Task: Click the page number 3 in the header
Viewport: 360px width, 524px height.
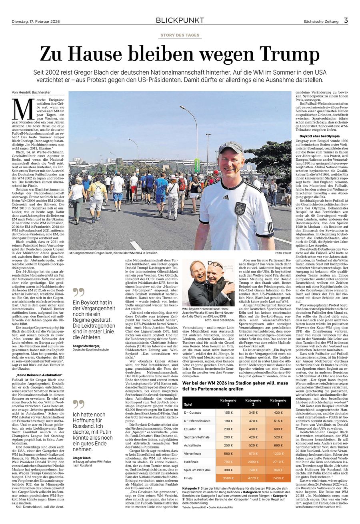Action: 346,20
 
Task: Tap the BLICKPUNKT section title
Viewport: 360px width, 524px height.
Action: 180,20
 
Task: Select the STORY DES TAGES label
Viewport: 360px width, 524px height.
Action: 180,35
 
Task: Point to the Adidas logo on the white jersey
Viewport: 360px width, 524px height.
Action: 226,197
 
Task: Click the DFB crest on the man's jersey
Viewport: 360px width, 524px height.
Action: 240,208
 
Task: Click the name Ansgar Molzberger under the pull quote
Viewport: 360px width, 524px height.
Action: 86,346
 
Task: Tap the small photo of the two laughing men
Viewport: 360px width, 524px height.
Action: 208,283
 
